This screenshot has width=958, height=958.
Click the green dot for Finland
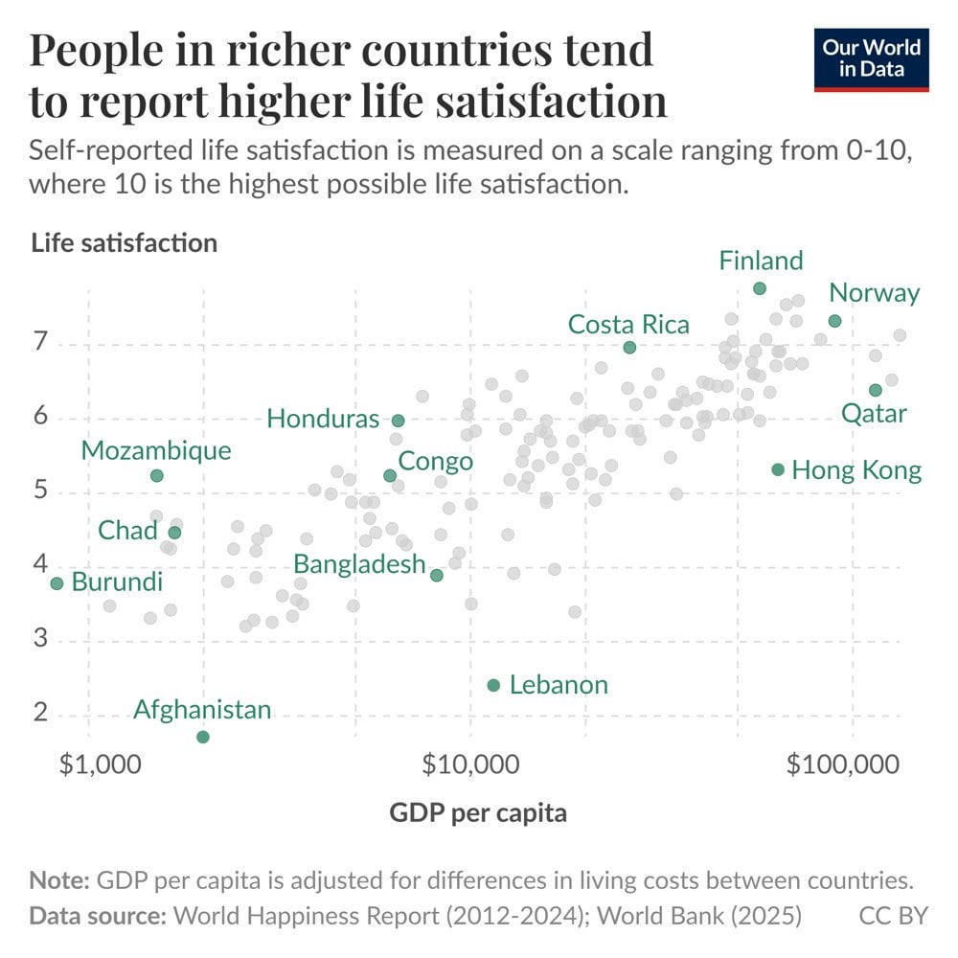point(760,288)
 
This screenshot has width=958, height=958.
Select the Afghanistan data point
point(203,737)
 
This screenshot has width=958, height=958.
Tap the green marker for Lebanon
point(493,685)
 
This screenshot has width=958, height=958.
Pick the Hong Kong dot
point(778,469)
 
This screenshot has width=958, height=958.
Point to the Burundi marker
point(57,583)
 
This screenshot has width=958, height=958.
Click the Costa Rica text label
point(628,325)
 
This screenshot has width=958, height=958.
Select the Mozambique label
point(156,450)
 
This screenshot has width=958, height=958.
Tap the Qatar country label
point(874,414)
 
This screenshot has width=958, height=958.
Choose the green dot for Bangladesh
point(437,575)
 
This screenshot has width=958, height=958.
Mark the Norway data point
point(834,321)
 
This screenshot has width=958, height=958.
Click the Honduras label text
point(323,419)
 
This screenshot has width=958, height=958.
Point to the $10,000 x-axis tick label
point(470,765)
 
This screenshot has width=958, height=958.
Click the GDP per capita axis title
point(478,813)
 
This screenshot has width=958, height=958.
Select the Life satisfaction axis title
point(125,242)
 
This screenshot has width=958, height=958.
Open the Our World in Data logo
point(872,60)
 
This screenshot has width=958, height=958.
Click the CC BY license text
point(893,915)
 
